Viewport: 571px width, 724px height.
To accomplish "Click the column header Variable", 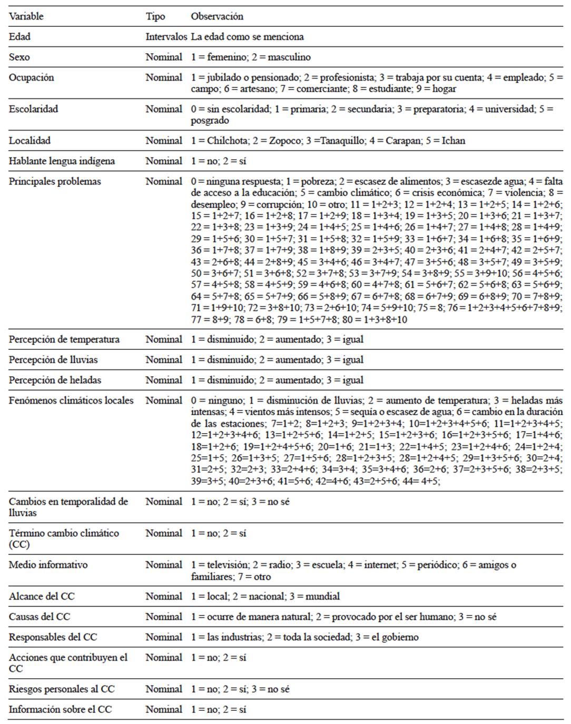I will [x=26, y=16].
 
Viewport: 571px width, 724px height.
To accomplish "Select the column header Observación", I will [x=217, y=16].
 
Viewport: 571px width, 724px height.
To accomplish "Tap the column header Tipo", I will [x=155, y=16].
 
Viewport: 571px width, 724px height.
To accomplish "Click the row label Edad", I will [x=20, y=37].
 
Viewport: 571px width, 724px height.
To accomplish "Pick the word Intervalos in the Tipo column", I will [x=166, y=37].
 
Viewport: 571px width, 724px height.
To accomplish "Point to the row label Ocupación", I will [x=32, y=77].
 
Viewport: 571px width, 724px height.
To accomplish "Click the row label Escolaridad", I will [x=33, y=109].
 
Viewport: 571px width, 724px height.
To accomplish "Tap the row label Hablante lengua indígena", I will [x=62, y=161].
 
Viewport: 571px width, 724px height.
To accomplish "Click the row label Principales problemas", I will [x=55, y=181].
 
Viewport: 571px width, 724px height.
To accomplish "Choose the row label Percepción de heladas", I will [x=55, y=380].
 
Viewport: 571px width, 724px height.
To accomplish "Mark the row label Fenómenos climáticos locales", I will [x=71, y=400].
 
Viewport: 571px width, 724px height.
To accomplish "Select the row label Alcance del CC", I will [x=42, y=596].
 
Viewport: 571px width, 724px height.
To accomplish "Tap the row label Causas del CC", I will [x=40, y=617].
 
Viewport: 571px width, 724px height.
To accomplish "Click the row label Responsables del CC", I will [x=53, y=637].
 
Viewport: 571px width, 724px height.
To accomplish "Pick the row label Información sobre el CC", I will [x=60, y=709].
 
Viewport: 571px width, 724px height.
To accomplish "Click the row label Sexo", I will [x=19, y=57].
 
